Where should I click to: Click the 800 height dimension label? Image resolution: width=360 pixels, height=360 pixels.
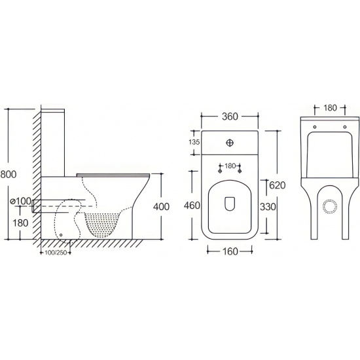click(9, 174)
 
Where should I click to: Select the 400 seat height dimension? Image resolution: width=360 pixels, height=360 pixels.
click(161, 207)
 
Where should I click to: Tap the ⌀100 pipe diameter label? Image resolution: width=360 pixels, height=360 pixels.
click(21, 202)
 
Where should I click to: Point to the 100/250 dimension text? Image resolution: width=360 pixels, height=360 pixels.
click(56, 253)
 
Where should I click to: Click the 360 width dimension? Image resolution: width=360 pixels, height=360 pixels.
click(230, 117)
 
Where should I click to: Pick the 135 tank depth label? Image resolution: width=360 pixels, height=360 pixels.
click(194, 142)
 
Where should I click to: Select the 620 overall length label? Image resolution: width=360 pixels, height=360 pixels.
click(277, 185)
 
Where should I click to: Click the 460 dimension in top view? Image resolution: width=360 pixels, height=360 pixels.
click(192, 206)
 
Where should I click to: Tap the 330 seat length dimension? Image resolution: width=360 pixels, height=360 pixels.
click(268, 207)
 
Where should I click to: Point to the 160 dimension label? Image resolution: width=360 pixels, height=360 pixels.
click(230, 251)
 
